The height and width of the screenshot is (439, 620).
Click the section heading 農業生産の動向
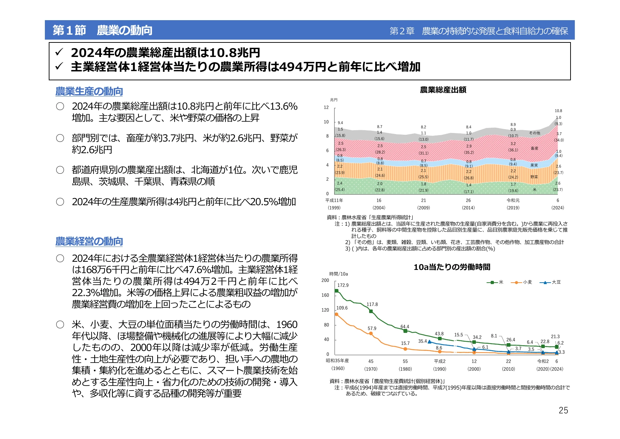(89, 91)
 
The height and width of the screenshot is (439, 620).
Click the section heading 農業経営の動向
(89, 241)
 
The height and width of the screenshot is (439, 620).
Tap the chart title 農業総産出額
(443, 90)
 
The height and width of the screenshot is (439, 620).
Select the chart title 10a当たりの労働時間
(452, 267)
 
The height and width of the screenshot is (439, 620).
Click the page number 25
(563, 410)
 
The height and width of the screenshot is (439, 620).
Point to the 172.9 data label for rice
(343, 285)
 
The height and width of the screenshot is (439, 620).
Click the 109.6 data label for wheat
(342, 308)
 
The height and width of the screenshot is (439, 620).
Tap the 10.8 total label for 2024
(558, 111)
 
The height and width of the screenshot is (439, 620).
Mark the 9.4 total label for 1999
(340, 123)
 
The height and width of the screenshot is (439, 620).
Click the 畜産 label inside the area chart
(535, 148)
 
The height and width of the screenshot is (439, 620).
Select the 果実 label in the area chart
(534, 165)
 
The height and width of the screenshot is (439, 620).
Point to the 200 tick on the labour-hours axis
(325, 281)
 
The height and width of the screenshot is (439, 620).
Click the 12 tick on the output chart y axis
(326, 108)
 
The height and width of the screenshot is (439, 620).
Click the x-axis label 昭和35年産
(337, 361)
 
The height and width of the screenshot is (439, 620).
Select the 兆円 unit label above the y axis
(333, 100)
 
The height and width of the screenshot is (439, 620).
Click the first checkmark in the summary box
(59, 53)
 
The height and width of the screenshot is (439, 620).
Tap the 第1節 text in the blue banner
(69, 30)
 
